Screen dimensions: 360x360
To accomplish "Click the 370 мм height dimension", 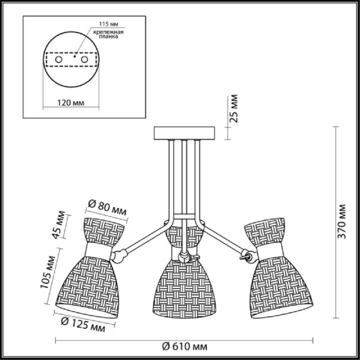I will click(x=341, y=223).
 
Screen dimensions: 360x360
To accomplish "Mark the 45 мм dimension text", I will click(x=58, y=225).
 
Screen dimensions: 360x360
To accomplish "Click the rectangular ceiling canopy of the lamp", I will click(x=188, y=133).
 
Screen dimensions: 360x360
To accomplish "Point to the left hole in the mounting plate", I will click(x=59, y=61).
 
